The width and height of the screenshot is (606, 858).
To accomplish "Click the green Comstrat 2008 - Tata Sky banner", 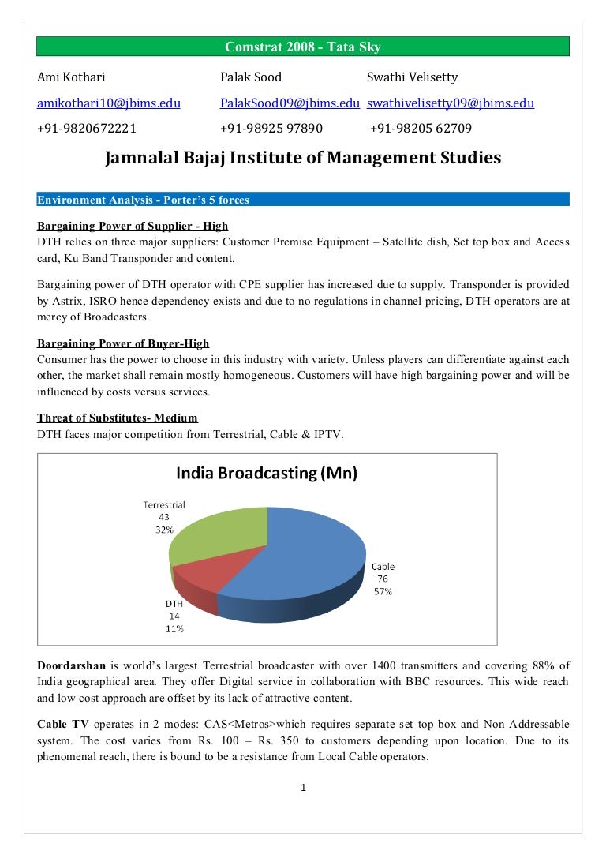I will pyautogui.click(x=303, y=47).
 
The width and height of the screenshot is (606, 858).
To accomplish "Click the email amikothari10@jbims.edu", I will pyautogui.click(x=109, y=103).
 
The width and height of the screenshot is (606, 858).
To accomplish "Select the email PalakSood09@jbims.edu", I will pyautogui.click(x=290, y=103).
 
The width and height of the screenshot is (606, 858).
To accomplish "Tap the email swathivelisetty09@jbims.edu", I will pyautogui.click(x=451, y=103).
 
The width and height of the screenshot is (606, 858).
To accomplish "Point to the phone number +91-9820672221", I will pyautogui.click(x=87, y=128).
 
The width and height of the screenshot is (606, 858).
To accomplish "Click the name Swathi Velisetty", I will pyautogui.click(x=412, y=77).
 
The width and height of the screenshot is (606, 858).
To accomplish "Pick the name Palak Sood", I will pyautogui.click(x=250, y=77).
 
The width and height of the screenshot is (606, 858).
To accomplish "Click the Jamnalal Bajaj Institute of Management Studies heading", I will pyautogui.click(x=303, y=158).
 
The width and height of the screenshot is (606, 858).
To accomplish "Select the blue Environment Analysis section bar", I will pyautogui.click(x=303, y=200).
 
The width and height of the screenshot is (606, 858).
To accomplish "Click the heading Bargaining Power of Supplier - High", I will pyautogui.click(x=133, y=227).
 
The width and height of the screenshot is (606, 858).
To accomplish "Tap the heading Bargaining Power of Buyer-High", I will pyautogui.click(x=123, y=343).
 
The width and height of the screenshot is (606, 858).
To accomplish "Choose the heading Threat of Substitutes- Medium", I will pyautogui.click(x=118, y=418).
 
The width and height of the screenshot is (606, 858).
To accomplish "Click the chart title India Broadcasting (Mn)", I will pyautogui.click(x=267, y=474).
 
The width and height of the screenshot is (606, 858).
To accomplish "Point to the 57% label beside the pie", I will pyautogui.click(x=383, y=590).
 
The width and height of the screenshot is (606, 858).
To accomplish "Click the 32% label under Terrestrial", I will pyautogui.click(x=164, y=530).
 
